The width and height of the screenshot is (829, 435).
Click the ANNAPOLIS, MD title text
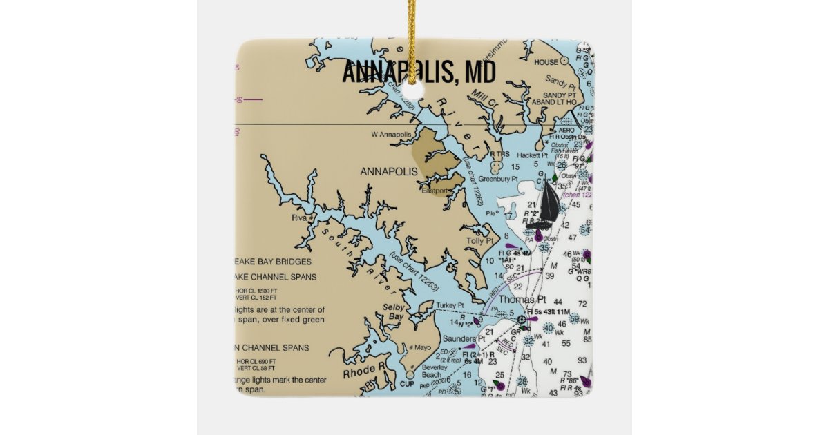click(419, 72)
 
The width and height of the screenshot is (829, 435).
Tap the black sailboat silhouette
click(548, 202)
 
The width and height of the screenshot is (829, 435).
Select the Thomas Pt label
click(522, 300)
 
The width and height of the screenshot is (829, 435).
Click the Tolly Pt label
click(479, 241)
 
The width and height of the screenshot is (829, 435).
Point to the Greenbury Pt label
click(498, 179)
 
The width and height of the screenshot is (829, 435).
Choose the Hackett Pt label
click(531, 156)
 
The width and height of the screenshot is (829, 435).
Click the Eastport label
click(435, 191)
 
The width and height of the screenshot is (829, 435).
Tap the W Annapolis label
click(391, 134)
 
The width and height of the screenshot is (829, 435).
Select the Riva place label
click(298, 218)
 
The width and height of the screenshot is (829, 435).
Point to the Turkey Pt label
click(450, 304)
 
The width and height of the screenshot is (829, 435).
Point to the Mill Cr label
click(485, 93)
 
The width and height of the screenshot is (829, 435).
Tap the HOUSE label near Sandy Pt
click(546, 62)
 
